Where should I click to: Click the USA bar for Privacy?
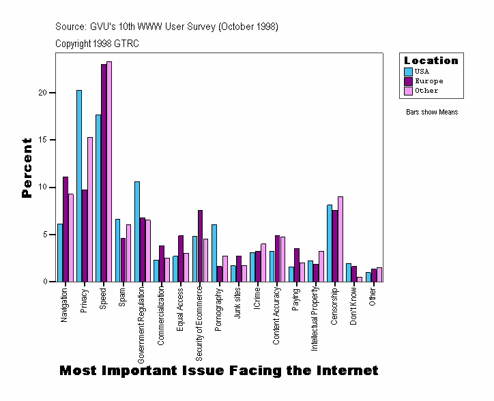(79, 185)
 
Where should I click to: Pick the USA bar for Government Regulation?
(137, 231)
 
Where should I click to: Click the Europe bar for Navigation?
(66, 229)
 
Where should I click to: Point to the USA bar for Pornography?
(214, 253)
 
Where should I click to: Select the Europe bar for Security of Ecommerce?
(200, 246)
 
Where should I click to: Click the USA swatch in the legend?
(408, 72)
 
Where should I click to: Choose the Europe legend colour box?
(408, 81)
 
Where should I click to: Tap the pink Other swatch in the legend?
(408, 91)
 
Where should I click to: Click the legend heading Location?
(431, 61)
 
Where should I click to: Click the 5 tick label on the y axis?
(44, 235)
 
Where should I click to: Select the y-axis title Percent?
(27, 168)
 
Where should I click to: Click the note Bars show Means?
(432, 112)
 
